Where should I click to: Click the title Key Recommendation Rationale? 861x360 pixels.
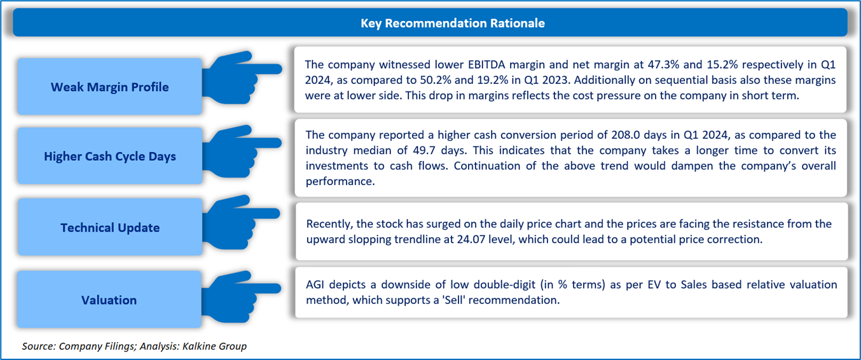[x=452, y=23]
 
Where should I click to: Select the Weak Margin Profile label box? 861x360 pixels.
[x=109, y=87]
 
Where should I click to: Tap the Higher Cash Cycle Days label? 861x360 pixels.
[x=110, y=156]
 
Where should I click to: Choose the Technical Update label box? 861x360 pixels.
[x=110, y=227]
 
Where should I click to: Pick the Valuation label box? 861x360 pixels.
[x=109, y=299]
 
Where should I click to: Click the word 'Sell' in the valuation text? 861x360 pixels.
[x=453, y=300]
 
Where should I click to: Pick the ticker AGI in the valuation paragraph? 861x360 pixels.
[x=314, y=284]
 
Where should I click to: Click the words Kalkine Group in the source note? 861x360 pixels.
[x=214, y=346]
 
